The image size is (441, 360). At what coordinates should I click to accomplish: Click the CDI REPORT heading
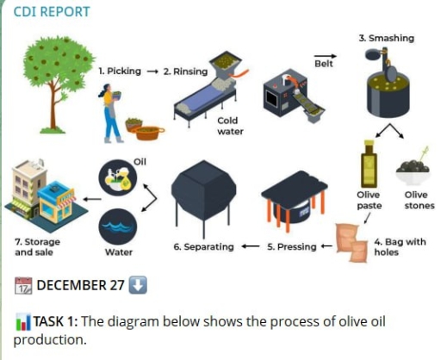click(53, 13)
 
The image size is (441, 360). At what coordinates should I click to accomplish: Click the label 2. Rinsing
click(185, 71)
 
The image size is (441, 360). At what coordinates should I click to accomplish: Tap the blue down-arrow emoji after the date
click(141, 285)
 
